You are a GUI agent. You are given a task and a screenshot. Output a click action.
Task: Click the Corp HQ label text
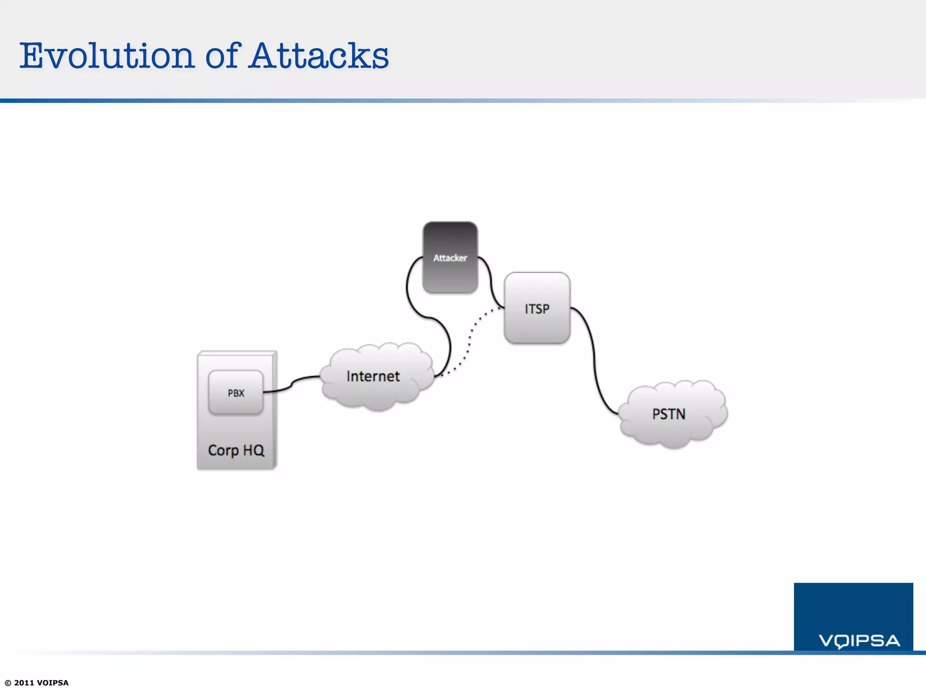[236, 450]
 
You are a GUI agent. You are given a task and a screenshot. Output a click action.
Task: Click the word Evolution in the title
[107, 56]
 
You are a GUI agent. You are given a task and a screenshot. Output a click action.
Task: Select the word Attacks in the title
[319, 56]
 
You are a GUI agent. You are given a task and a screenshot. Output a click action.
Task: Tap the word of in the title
[222, 56]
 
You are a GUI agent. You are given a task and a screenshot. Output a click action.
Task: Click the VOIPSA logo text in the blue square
[859, 641]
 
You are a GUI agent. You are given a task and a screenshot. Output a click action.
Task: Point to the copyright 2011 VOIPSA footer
[37, 683]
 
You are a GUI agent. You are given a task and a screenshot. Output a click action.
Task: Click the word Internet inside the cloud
[373, 376]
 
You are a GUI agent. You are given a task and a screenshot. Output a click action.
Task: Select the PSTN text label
[668, 414]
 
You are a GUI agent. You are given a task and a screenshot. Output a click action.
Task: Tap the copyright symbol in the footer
[8, 683]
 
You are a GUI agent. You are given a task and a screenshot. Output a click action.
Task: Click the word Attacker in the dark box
[450, 258]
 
